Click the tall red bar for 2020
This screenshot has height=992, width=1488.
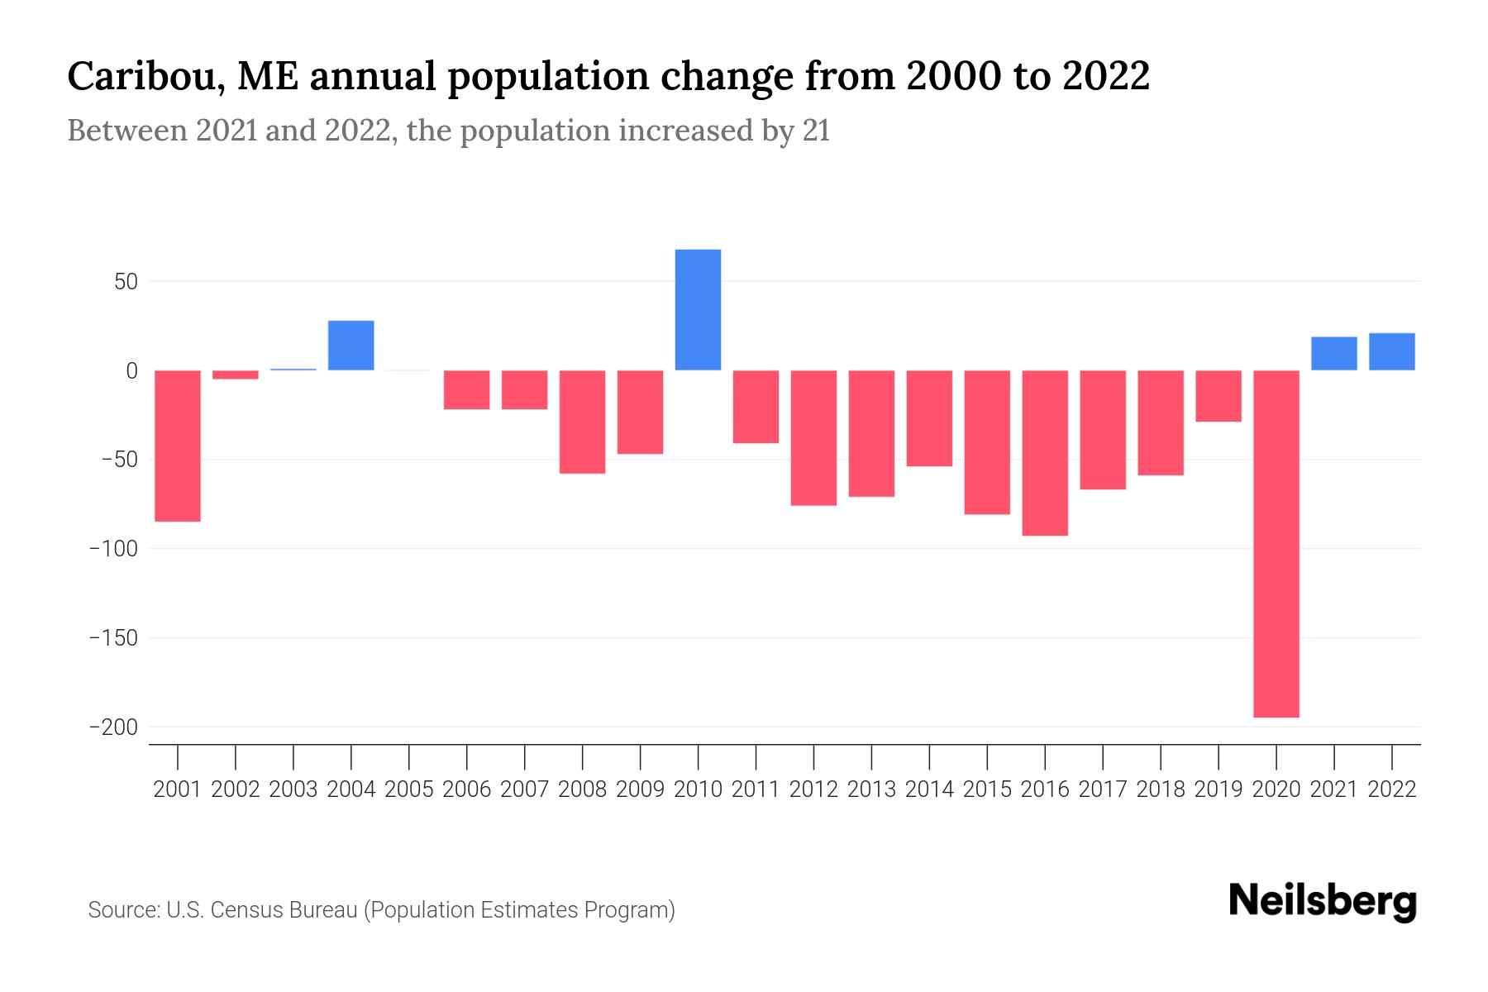(1276, 543)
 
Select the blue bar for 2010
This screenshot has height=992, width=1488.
(698, 310)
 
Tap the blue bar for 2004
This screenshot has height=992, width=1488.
(351, 346)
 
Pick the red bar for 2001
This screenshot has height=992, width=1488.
(178, 446)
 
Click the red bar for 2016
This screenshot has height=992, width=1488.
(1045, 453)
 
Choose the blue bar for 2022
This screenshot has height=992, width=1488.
(1392, 351)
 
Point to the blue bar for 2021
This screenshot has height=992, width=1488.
(1334, 354)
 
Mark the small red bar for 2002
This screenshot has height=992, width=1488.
(236, 374)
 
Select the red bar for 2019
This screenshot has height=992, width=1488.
(1219, 396)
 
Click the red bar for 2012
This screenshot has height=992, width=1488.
(813, 437)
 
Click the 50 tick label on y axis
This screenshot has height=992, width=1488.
(126, 282)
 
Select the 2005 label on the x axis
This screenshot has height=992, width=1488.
(409, 789)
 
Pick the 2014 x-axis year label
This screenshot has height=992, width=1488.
(929, 789)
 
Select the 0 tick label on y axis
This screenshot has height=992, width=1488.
(131, 371)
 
